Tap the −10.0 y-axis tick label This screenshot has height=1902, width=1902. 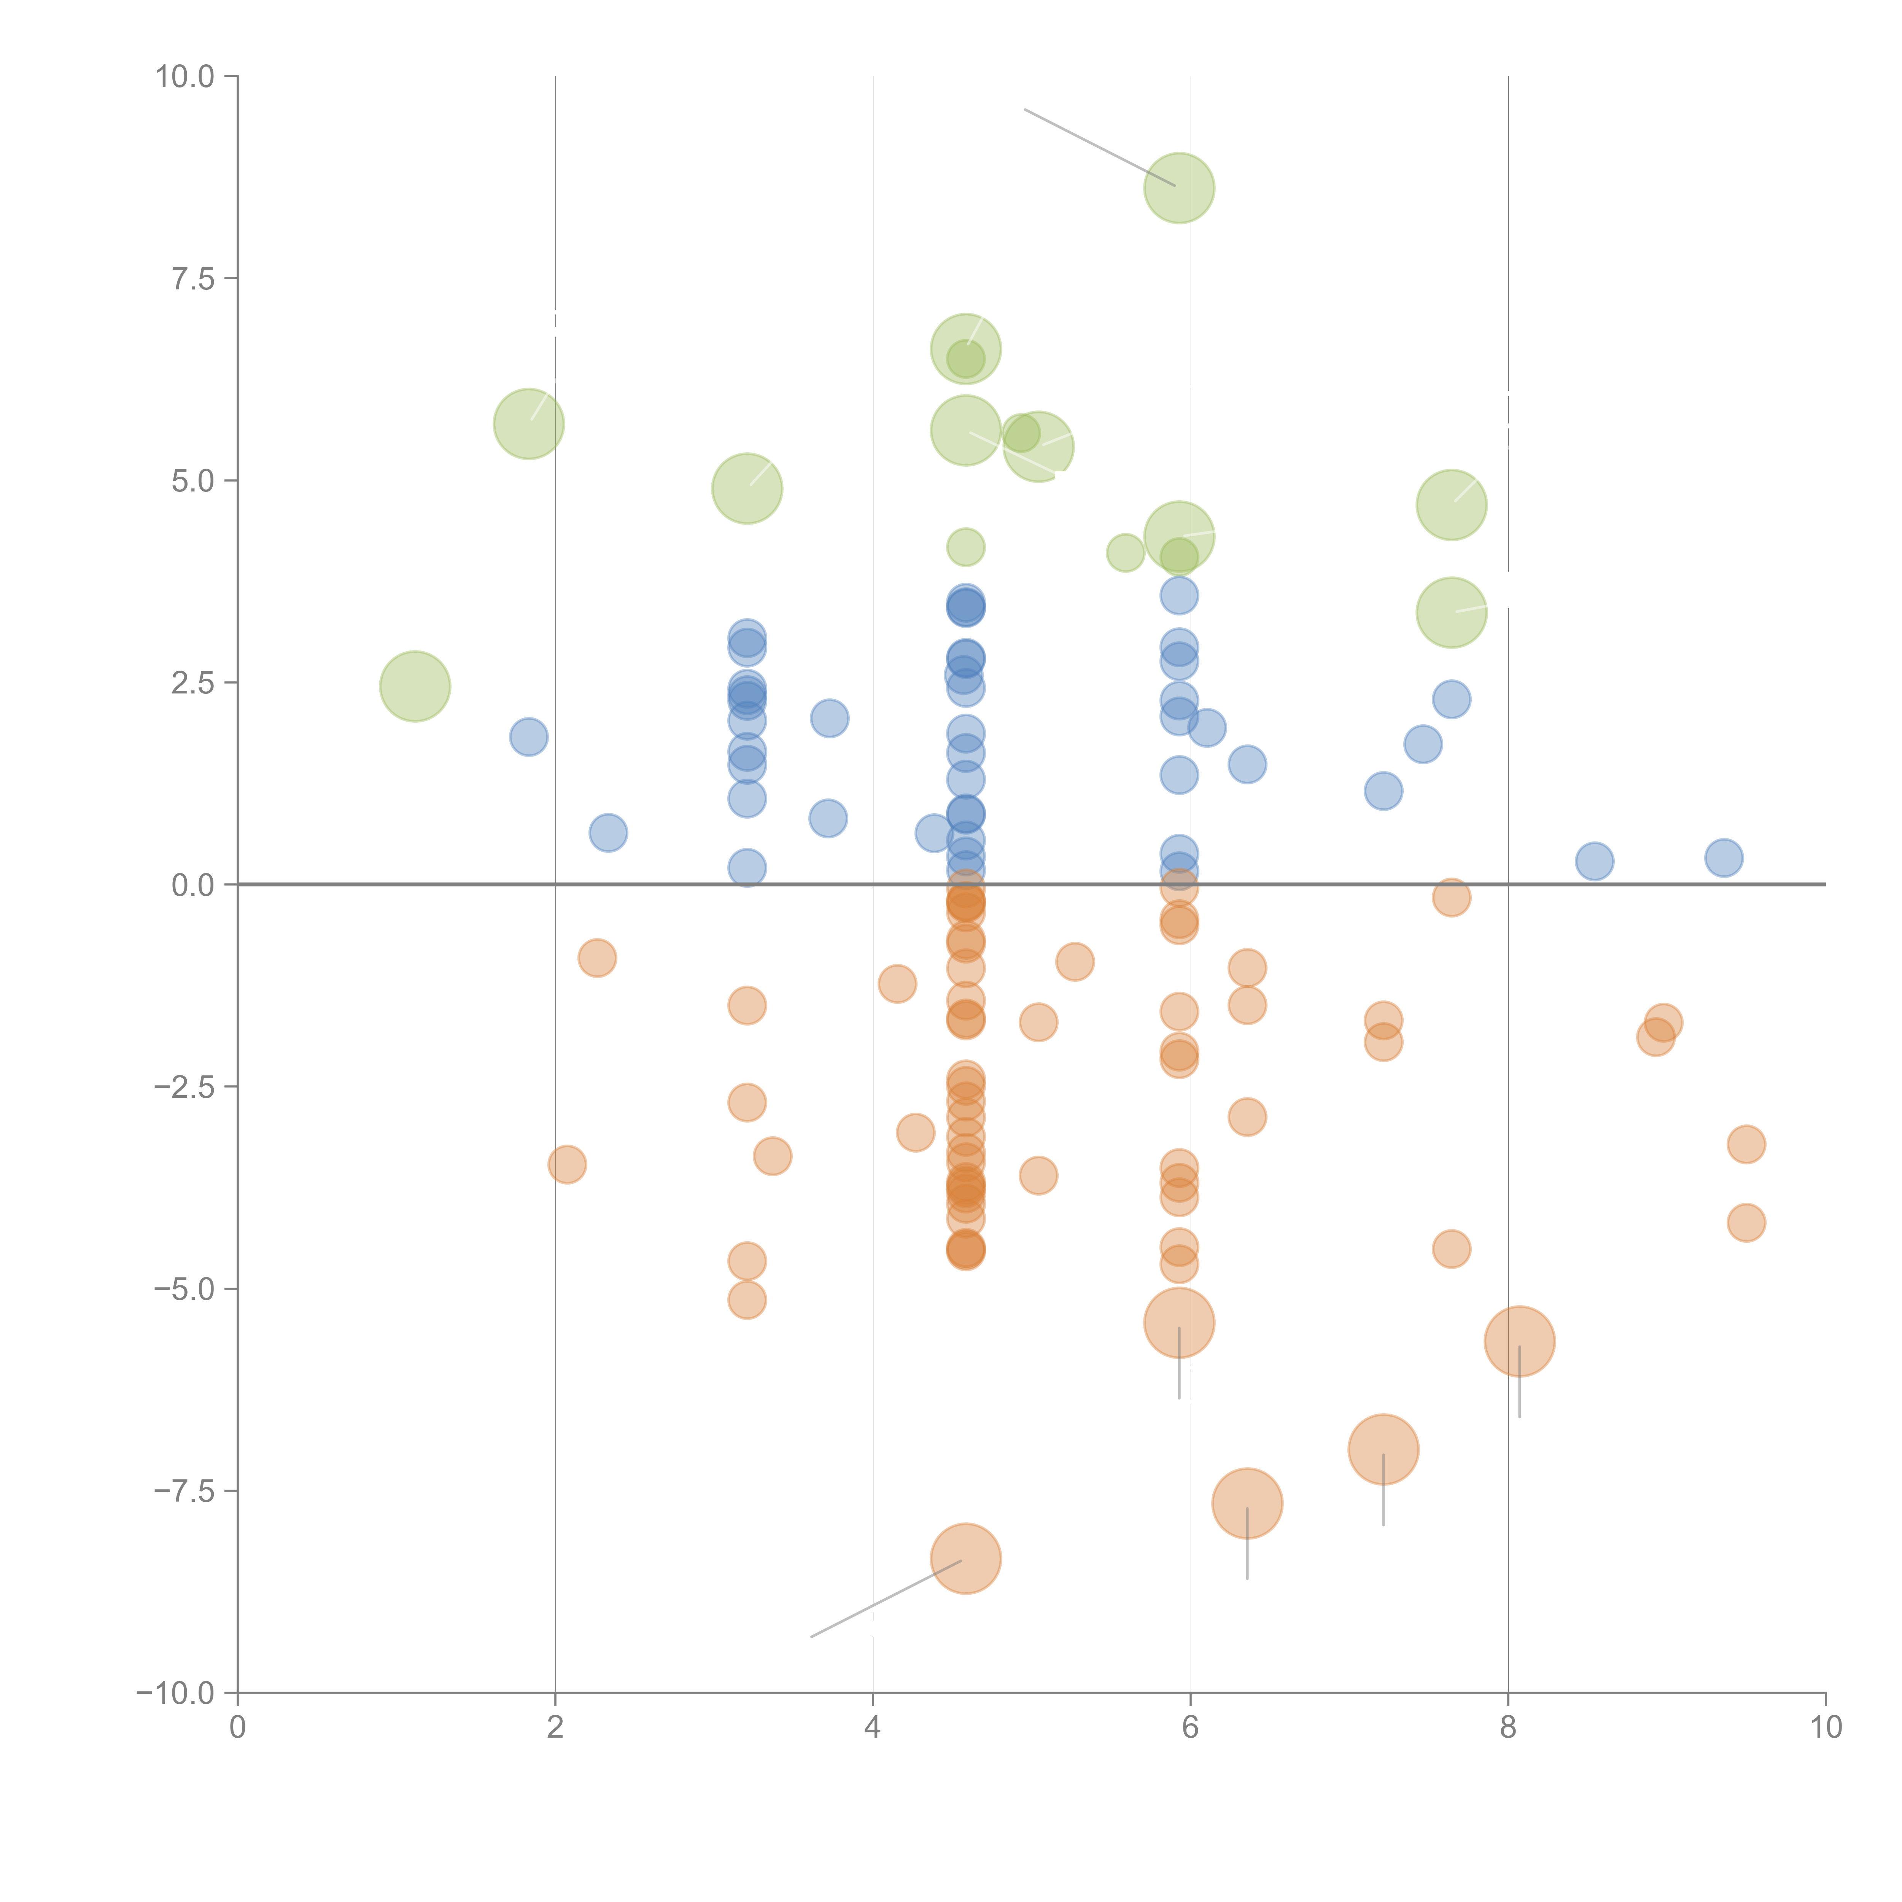click(x=175, y=1693)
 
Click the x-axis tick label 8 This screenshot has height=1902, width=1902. click(x=1508, y=1728)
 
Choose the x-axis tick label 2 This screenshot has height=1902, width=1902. click(x=555, y=1728)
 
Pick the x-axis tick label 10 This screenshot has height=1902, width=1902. click(x=1825, y=1728)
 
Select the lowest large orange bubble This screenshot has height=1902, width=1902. click(x=966, y=1558)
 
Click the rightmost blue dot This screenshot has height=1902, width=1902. click(x=1723, y=857)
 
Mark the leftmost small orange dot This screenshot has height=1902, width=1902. click(x=567, y=1165)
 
